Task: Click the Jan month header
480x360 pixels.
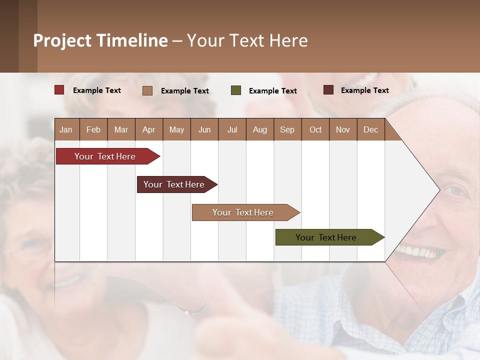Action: (x=66, y=129)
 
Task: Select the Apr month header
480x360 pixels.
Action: (x=148, y=129)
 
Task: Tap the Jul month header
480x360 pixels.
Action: (x=232, y=129)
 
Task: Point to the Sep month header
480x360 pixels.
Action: (x=287, y=129)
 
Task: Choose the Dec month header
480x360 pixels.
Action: (x=370, y=129)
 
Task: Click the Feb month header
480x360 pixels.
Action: (x=93, y=129)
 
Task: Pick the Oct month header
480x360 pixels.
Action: (x=315, y=129)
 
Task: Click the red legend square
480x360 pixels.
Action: (x=59, y=90)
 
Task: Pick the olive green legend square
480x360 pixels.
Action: (x=236, y=90)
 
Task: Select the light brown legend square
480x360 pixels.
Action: (x=147, y=90)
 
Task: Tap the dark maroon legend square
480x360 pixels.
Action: (x=328, y=90)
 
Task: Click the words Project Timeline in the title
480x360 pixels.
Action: (x=100, y=40)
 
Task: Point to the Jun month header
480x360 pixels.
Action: (x=204, y=129)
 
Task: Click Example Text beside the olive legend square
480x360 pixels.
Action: (x=272, y=91)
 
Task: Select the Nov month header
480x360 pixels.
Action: (x=343, y=129)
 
